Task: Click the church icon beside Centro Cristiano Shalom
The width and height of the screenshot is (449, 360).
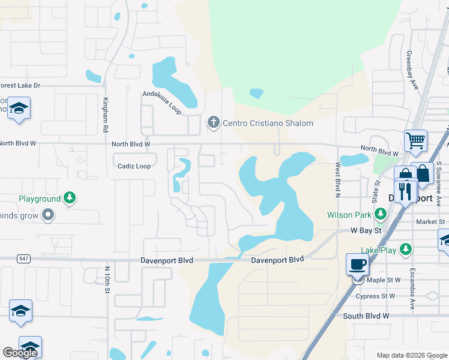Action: [x=212, y=123]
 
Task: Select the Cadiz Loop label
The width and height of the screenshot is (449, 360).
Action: [x=134, y=166]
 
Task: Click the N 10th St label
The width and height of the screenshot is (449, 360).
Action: [x=107, y=280]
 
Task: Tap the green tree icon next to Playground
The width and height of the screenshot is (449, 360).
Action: [x=70, y=199]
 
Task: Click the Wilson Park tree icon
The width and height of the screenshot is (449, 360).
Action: [x=379, y=214]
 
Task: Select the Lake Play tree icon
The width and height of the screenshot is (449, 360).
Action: [x=406, y=249]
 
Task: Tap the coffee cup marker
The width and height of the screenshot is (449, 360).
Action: [x=358, y=264]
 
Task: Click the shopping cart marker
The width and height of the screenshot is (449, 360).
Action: [x=415, y=141]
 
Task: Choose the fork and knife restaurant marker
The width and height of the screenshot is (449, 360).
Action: [x=406, y=193]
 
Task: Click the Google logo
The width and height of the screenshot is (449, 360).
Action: [x=20, y=353]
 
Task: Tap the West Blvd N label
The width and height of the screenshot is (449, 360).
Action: [x=338, y=179]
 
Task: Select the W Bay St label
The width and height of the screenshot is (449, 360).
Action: [x=367, y=230]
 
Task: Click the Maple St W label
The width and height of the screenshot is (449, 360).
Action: [x=384, y=280]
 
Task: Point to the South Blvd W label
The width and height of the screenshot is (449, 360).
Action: [x=366, y=316]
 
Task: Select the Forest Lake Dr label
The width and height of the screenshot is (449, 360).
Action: [x=19, y=86]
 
